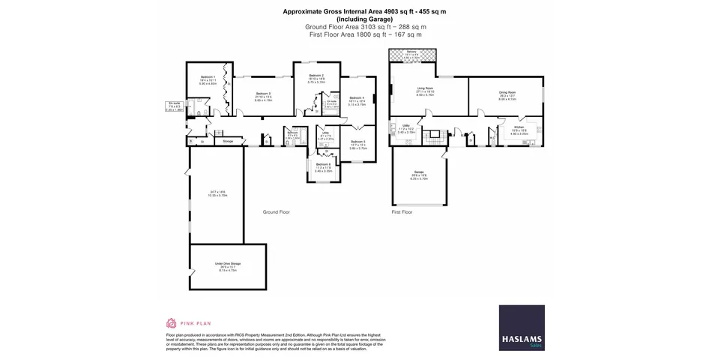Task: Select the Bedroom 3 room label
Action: (x=262, y=93)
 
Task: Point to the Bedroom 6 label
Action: (x=322, y=164)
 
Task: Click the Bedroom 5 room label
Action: (x=357, y=142)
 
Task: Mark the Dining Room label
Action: (x=507, y=93)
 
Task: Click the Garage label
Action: (x=418, y=172)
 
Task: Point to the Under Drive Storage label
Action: (x=227, y=265)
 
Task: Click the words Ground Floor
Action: (x=276, y=212)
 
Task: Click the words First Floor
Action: (x=402, y=212)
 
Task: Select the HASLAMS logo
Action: (x=522, y=327)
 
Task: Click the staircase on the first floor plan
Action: (x=432, y=138)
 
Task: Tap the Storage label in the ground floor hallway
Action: (x=228, y=140)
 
